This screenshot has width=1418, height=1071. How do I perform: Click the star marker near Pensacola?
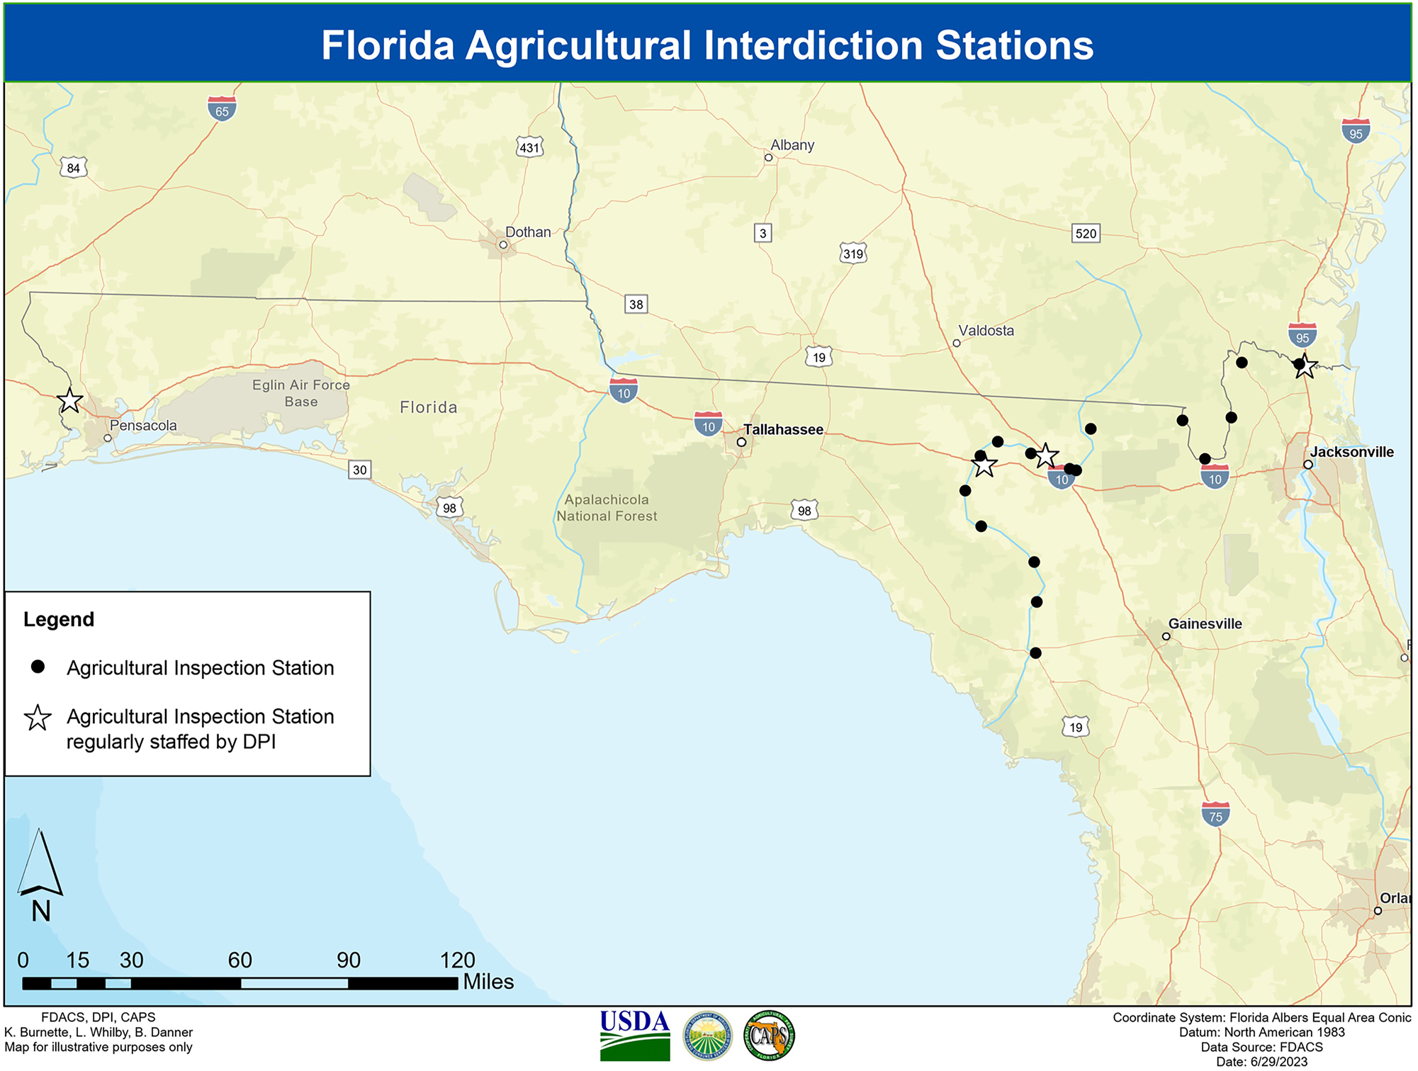[69, 401]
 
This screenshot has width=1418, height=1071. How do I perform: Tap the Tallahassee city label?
[783, 429]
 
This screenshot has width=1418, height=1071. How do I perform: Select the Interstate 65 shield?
[222, 109]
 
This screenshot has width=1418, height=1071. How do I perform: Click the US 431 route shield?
[529, 147]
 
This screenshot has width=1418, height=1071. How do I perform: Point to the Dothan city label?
[528, 232]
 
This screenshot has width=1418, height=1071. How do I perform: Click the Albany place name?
[792, 145]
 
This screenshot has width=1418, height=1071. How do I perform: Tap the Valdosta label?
[986, 331]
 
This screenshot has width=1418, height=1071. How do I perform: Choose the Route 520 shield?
[1086, 234]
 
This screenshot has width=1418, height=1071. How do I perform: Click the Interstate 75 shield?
[1215, 815]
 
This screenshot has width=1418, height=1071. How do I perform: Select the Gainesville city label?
[1205, 624]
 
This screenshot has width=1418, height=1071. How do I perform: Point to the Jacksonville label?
[1351, 452]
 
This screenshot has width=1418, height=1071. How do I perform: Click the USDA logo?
[634, 1035]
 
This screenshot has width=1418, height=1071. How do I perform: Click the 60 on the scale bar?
[240, 960]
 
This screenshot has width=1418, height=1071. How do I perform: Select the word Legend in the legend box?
[59, 620]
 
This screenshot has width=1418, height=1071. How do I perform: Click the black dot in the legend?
[38, 667]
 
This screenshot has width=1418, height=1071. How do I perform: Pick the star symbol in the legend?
[38, 718]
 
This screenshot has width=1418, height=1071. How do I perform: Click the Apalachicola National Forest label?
[607, 508]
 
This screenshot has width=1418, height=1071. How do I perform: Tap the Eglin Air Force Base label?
[301, 393]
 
